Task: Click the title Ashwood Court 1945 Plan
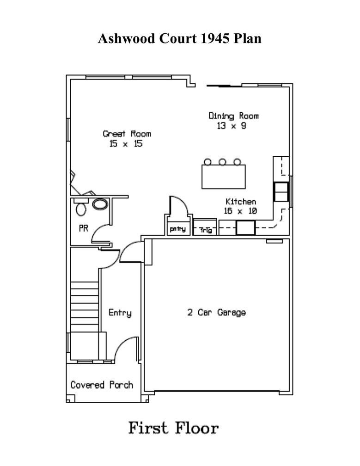(x=180, y=38)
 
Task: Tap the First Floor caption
(x=173, y=428)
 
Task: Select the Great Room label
(x=127, y=134)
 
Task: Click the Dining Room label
(x=233, y=116)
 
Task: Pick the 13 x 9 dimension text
(x=231, y=126)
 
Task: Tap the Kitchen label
(x=240, y=202)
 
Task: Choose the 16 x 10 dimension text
(x=240, y=211)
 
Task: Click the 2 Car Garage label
(x=216, y=313)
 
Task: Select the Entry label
(x=120, y=313)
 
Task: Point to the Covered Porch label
(x=102, y=385)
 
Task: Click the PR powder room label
(x=83, y=228)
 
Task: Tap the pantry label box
(x=177, y=229)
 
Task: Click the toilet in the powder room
(x=81, y=208)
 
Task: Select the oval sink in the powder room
(x=100, y=204)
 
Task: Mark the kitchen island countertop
(x=224, y=177)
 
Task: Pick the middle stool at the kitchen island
(x=222, y=162)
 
